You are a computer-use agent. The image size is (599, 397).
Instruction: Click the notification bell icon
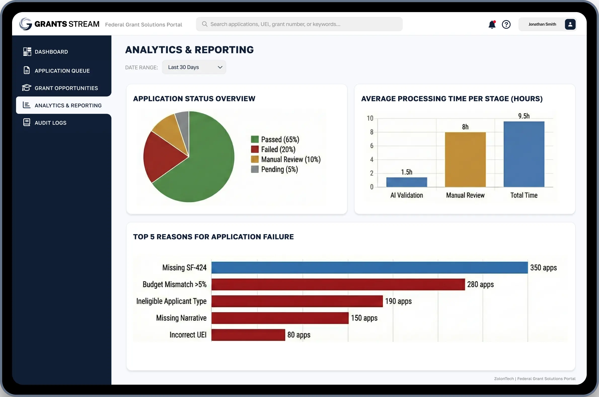pos(492,25)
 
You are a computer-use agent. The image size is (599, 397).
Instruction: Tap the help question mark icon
pos(506,25)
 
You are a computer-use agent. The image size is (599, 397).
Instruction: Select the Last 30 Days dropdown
pos(194,67)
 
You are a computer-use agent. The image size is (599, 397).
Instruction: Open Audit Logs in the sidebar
pos(50,123)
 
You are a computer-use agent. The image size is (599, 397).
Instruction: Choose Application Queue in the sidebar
pos(62,71)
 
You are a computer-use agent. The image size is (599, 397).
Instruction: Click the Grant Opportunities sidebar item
pos(66,88)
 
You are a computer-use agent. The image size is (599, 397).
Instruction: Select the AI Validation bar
pos(406,182)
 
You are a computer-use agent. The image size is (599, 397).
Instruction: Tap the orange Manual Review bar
pos(465,160)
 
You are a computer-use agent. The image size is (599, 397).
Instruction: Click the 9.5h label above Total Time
pos(523,116)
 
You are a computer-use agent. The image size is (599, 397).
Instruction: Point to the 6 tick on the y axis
pos(371,146)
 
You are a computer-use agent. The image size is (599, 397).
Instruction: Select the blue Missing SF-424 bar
pos(369,268)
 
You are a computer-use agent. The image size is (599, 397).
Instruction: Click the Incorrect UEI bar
pos(248,335)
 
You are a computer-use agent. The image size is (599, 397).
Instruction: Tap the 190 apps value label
pos(398,301)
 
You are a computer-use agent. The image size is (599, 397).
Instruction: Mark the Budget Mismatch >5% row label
pos(174,284)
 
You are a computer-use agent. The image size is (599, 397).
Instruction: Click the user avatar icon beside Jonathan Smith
pos(570,25)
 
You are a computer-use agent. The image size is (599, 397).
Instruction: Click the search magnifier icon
pos(204,24)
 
